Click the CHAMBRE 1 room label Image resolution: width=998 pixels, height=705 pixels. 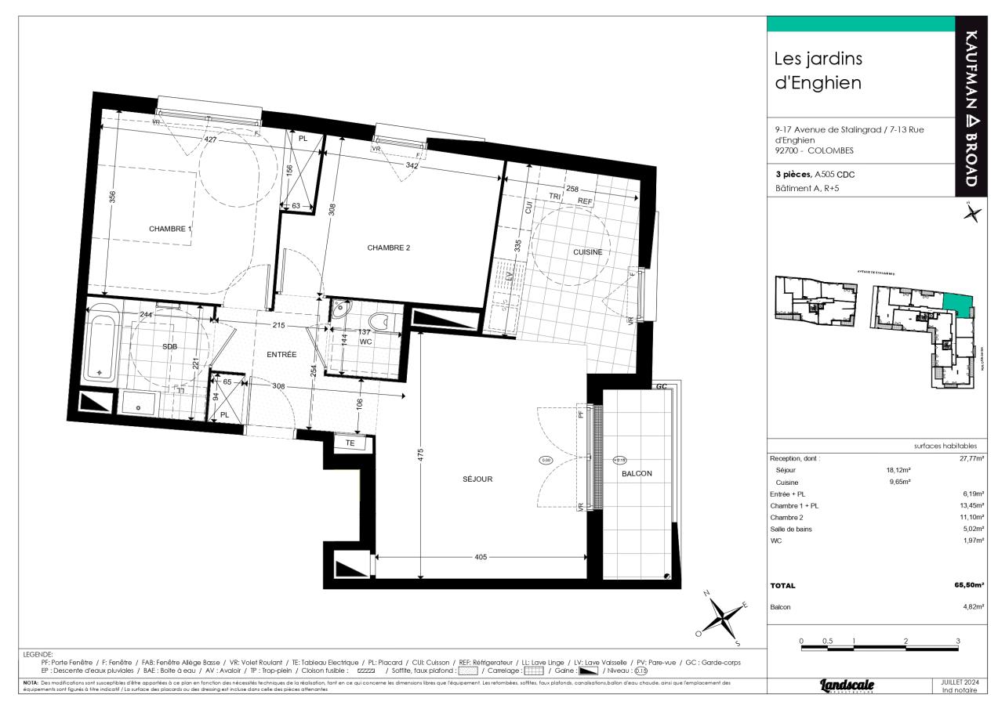[170, 229]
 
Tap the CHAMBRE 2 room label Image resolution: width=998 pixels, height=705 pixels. [389, 248]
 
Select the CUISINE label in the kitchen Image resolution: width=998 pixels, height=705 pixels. [587, 251]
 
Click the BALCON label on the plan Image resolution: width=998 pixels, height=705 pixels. [637, 473]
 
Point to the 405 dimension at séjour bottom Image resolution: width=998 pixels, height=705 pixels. [481, 557]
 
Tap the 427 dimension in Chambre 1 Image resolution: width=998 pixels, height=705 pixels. [189, 139]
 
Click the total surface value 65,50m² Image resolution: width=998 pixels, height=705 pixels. [968, 585]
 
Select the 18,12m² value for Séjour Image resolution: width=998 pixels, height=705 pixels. [898, 470]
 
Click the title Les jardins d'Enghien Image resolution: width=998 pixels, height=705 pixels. [818, 70]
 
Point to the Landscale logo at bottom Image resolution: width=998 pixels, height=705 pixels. [847, 685]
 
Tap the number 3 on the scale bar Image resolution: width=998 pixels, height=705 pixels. [958, 641]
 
